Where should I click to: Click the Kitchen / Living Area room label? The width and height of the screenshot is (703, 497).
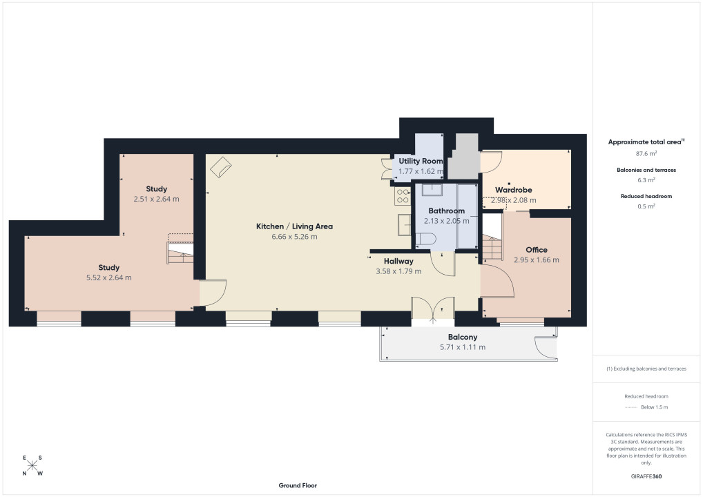coord(294,226)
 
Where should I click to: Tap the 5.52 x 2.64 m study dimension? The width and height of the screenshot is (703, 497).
coord(109,278)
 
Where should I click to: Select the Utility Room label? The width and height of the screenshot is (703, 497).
coord(421,161)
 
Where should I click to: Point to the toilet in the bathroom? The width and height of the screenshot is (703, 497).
coord(425,239)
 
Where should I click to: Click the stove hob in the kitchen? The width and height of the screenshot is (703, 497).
coord(403,196)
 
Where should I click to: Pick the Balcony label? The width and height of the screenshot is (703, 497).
coord(462,337)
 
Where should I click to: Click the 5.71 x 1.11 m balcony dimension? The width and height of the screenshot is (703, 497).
coord(462,347)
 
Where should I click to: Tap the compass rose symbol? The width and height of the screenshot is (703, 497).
coord(32,466)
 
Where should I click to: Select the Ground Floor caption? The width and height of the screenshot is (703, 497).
coord(298,485)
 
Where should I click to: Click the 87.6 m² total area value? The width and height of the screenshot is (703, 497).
coord(646,153)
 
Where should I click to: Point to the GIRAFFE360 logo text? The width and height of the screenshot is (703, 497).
coord(646,476)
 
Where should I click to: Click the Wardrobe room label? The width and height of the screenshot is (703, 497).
coord(513,190)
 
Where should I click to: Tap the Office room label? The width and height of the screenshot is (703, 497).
coord(536,250)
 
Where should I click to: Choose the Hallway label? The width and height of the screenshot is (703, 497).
coord(398,262)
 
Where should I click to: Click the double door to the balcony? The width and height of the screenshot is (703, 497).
coord(433,309)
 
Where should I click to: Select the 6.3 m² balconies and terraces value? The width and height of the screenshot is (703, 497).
coord(646,179)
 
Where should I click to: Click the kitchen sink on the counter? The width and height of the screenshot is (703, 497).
coord(404,225)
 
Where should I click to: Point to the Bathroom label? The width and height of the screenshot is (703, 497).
coord(446,211)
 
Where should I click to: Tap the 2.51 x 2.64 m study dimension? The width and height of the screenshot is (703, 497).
coord(156,199)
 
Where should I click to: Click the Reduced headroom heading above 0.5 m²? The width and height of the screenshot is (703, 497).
coord(646,196)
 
